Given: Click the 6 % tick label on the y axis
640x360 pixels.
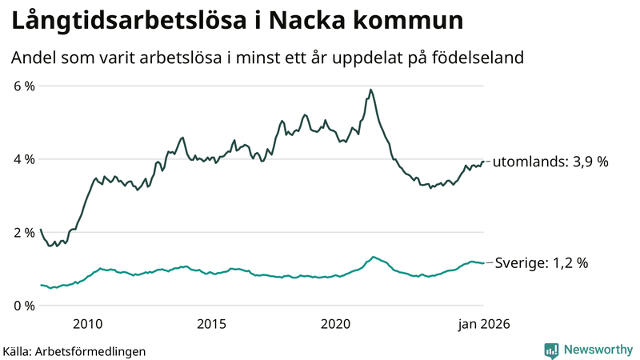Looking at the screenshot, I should (23, 86).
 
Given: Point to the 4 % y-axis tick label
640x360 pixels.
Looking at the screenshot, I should (23, 159).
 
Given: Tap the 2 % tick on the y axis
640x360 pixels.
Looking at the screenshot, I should (23, 233).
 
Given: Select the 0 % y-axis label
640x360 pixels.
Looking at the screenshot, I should (23, 306).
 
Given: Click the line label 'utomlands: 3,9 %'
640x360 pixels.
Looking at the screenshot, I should (550, 162).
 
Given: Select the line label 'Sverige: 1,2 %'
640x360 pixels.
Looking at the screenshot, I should (542, 262).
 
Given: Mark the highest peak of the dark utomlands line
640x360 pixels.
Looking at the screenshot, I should (370, 90).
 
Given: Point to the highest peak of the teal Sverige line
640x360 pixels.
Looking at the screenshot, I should (373, 257).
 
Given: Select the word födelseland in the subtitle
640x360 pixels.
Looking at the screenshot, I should (483, 58).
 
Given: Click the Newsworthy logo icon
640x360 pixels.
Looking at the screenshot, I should (552, 350).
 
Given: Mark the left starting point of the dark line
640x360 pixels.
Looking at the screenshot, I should (40, 230).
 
